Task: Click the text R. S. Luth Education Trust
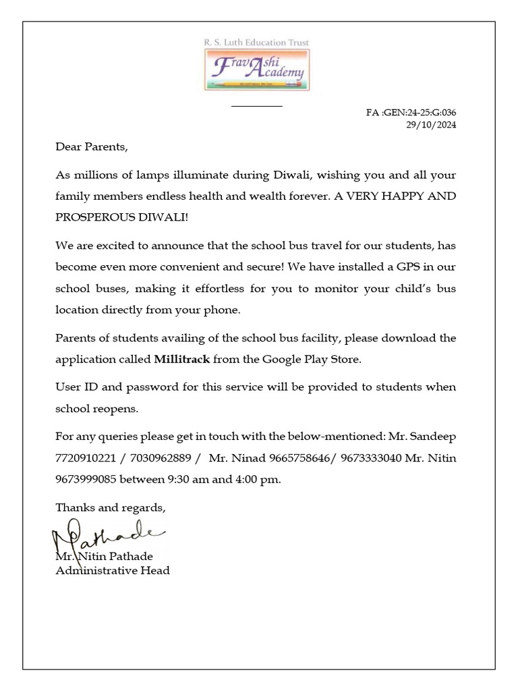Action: click(256, 43)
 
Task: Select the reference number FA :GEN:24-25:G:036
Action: click(411, 113)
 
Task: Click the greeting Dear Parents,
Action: click(91, 146)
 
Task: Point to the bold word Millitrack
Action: click(182, 360)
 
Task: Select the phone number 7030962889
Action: click(159, 458)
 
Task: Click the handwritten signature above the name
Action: click(108, 536)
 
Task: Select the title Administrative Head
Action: click(112, 571)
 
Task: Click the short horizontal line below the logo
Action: click(257, 106)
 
